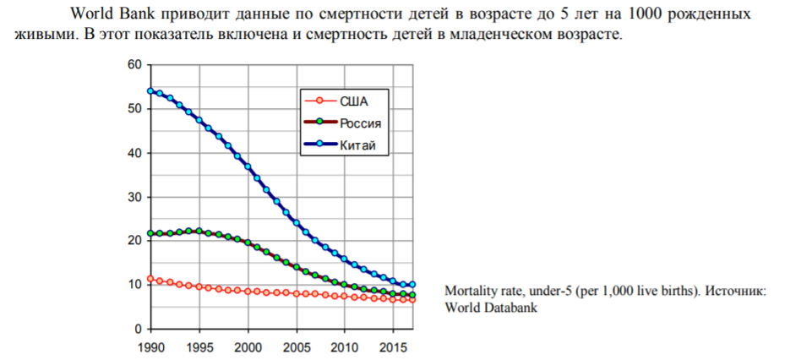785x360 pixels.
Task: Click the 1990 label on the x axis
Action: pos(150,346)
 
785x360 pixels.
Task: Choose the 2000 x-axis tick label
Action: pos(248,346)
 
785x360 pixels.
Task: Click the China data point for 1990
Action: pos(150,91)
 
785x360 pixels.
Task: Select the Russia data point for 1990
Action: pos(150,233)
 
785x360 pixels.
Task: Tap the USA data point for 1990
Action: pos(150,278)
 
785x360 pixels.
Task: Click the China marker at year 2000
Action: pos(248,166)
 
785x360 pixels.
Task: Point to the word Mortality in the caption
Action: pos(472,292)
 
